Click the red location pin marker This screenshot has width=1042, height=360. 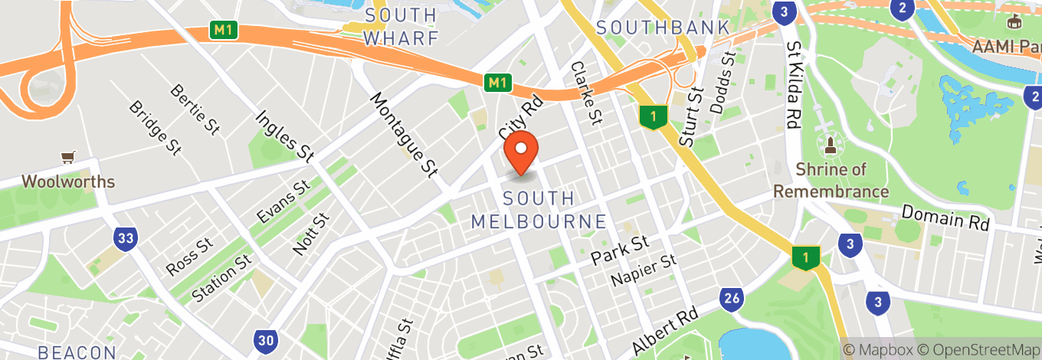point(521,152)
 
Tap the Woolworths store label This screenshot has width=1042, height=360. point(68,182)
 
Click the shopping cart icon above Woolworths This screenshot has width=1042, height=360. point(68,158)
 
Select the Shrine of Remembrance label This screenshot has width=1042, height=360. point(831,180)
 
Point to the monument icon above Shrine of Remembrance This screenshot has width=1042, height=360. point(829,143)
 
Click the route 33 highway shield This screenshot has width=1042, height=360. point(126,239)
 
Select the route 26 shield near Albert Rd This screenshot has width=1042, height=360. point(732,299)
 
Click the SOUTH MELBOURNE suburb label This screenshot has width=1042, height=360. point(539,211)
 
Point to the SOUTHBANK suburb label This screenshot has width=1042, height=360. point(662,28)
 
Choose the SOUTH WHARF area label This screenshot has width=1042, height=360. point(401,26)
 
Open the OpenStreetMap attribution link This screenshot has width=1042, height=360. point(980,349)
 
